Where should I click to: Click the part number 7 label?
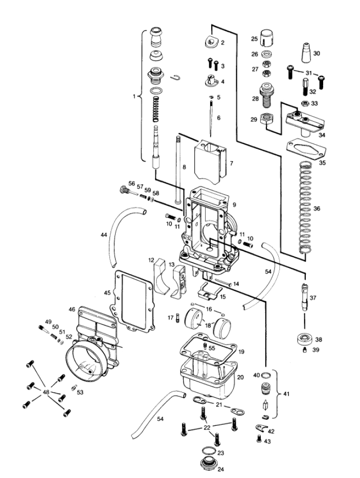click(231, 164)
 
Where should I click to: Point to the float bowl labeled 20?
click(209, 379)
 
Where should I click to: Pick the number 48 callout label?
click(46, 392)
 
